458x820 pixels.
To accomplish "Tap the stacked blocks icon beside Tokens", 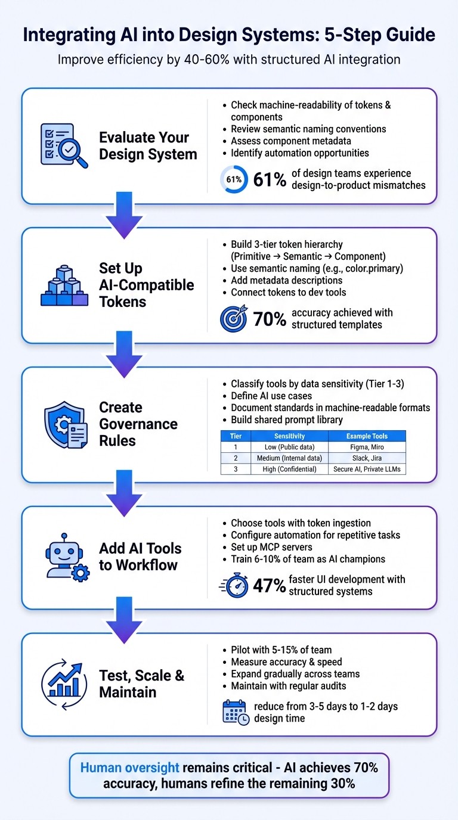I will [64, 285].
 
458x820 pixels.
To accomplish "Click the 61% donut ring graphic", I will [234, 179].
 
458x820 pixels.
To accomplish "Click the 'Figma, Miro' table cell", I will [367, 447].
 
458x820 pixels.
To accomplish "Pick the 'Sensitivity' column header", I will [289, 436].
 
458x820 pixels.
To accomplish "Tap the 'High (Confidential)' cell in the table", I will [289, 468].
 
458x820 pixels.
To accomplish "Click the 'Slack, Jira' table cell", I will [367, 458].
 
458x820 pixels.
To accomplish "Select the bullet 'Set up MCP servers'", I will [271, 547].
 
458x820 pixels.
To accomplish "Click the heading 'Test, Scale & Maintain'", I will [141, 684].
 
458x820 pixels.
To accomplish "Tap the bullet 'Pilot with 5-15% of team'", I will [281, 650].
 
